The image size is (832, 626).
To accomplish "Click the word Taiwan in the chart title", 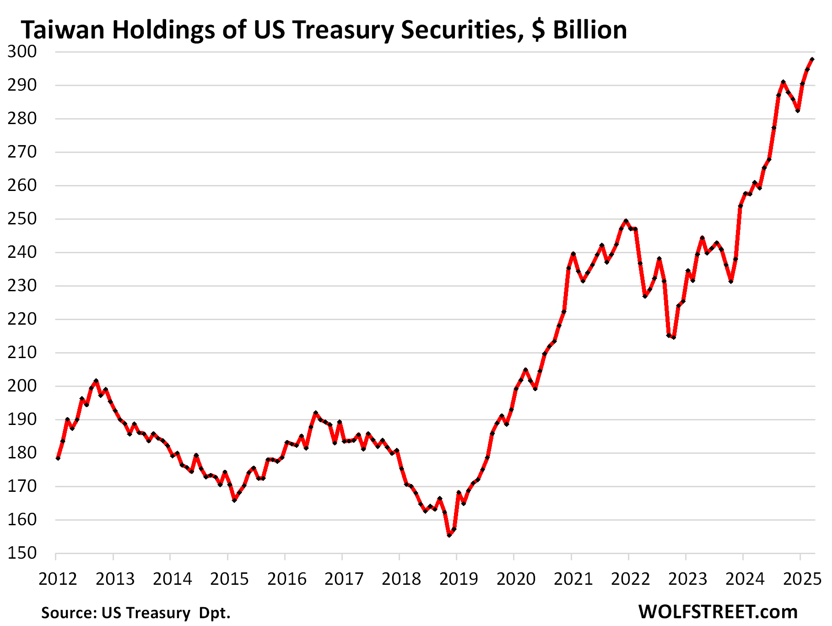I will (x=62, y=30).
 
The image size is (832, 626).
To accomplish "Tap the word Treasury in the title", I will (x=345, y=30).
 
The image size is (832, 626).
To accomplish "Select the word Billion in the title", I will (x=590, y=30).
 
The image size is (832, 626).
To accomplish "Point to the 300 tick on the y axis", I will (x=22, y=51).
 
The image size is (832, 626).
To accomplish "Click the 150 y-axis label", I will (x=22, y=553).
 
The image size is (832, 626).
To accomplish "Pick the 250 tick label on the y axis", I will (x=22, y=219).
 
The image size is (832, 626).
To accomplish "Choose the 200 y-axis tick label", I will (x=22, y=386).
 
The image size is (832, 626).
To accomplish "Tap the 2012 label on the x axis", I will (x=58, y=579).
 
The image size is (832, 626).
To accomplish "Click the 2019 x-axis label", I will (x=459, y=579).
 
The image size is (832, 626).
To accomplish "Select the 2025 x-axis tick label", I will (x=802, y=579).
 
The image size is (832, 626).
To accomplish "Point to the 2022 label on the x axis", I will (x=630, y=579).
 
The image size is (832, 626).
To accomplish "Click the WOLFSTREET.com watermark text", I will (x=718, y=612).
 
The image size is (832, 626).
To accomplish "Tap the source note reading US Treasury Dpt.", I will (x=136, y=613).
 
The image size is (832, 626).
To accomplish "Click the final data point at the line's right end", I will (x=812, y=60).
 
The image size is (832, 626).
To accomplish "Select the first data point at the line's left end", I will (x=58, y=458).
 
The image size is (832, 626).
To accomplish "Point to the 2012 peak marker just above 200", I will (x=96, y=381).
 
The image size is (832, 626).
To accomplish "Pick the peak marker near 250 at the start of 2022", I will (x=626, y=221).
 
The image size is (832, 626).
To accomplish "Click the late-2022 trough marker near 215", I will (x=673, y=337).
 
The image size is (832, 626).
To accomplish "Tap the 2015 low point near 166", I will (x=234, y=500).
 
